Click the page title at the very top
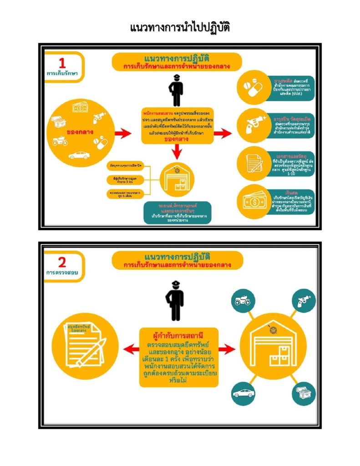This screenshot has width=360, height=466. click(180, 28)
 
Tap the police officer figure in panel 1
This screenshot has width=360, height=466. click(177, 89)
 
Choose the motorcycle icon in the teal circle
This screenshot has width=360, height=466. click(240, 302)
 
